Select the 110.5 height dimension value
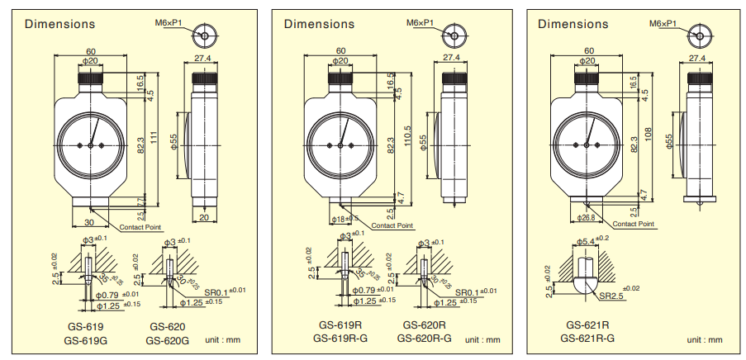click(x=406, y=135)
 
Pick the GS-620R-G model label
click(x=424, y=338)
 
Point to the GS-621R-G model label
click(x=587, y=338)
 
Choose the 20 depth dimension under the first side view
click(x=202, y=218)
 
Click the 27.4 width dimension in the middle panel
click(x=451, y=58)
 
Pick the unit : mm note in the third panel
click(x=704, y=339)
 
